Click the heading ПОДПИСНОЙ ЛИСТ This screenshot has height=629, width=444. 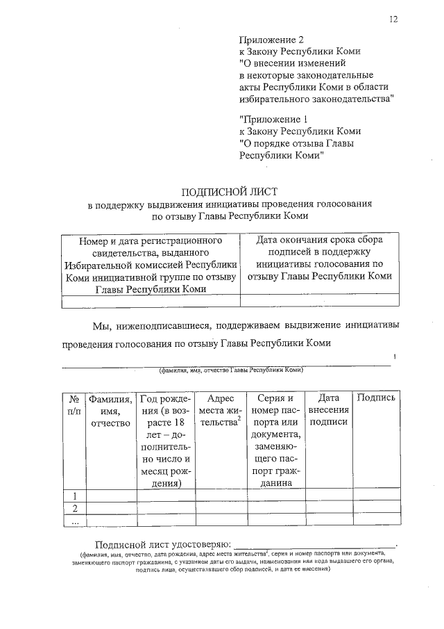coord(230,191)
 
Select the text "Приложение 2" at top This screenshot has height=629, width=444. coord(271,40)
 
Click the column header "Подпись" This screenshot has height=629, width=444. coord(376,398)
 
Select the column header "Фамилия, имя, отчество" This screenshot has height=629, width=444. coord(110,410)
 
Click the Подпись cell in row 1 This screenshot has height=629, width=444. coord(376,496)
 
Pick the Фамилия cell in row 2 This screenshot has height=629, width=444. coord(110,507)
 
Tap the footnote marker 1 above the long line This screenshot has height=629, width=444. coord(394,357)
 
